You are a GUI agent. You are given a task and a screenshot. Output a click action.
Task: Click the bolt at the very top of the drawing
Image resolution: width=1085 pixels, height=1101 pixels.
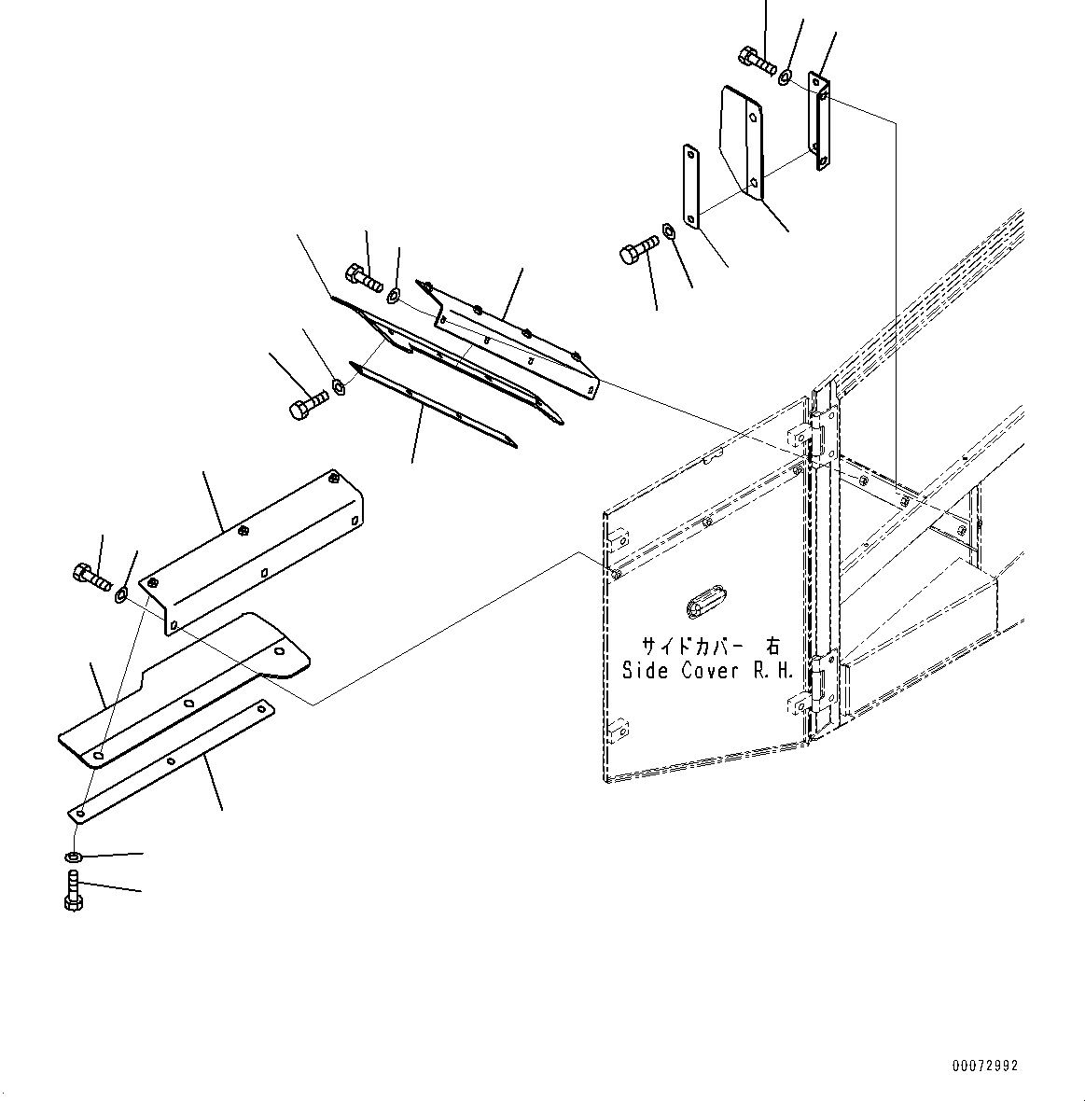pyautogui.click(x=755, y=60)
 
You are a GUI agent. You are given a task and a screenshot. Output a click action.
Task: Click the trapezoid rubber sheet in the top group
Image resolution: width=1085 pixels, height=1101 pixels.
pyautogui.click(x=744, y=140)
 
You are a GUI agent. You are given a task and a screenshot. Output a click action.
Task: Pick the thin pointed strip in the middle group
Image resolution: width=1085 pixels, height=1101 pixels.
pyautogui.click(x=429, y=403)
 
